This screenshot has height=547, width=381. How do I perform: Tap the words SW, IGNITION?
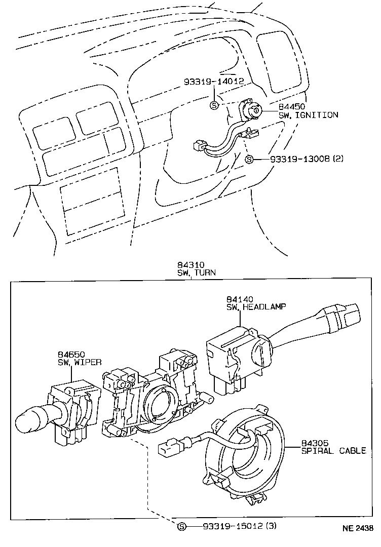coord(308,115)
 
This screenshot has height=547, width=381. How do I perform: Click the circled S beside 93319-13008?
coord(249,159)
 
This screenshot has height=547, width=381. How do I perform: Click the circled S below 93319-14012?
coord(214,105)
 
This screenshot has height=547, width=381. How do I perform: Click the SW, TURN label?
coord(196,272)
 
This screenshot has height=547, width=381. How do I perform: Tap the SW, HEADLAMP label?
coord(256,307)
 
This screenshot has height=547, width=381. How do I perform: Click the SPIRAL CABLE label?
coord(333,451)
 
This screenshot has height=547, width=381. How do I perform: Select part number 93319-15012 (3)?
coord(233,527)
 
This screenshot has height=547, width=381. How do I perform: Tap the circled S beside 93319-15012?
coord(182,527)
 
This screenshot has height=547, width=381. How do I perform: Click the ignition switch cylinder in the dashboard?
coord(254,110)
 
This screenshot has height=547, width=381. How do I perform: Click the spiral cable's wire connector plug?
coord(168,448)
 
